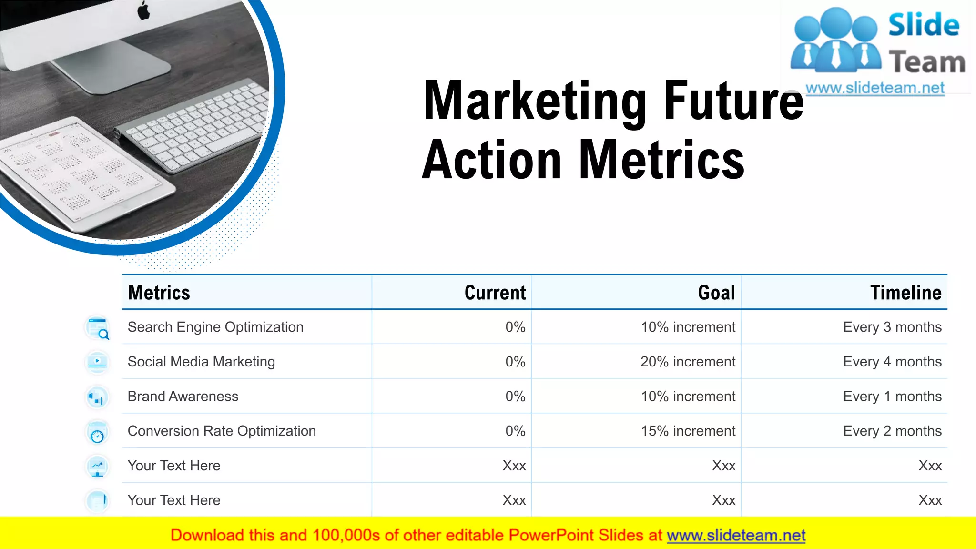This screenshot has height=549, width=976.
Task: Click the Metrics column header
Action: (159, 293)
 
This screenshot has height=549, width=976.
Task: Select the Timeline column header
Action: (905, 293)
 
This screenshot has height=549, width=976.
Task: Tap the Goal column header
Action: (716, 293)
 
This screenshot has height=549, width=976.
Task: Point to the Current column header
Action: (495, 293)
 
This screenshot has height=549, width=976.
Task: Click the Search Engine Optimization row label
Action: (215, 327)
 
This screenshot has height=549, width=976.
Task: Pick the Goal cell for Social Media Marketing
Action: (688, 362)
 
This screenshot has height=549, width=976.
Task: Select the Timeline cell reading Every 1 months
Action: (892, 396)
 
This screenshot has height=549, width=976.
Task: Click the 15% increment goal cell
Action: (688, 431)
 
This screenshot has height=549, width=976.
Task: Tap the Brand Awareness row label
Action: (183, 396)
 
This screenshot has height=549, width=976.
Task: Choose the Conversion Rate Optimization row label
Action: (222, 431)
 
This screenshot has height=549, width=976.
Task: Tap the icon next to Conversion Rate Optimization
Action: (97, 433)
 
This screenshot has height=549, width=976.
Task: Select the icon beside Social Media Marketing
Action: (97, 363)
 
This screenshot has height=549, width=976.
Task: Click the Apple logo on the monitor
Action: (143, 10)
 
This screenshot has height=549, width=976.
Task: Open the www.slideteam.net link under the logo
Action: (875, 88)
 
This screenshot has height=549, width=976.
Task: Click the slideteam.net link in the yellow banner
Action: (736, 536)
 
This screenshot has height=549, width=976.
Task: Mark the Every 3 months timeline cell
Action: (892, 327)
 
